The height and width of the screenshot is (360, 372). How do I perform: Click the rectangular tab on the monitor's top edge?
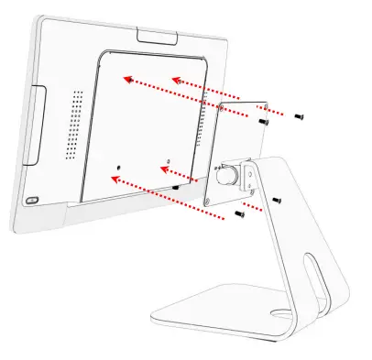pos(159,36)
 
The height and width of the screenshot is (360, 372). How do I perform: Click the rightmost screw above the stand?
pos(298,116)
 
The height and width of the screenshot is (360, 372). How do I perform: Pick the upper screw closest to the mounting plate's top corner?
pos(263,121)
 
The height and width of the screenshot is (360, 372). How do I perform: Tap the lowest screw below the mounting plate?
pos(238,213)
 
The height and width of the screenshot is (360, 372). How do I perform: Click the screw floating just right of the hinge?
pos(276,198)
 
